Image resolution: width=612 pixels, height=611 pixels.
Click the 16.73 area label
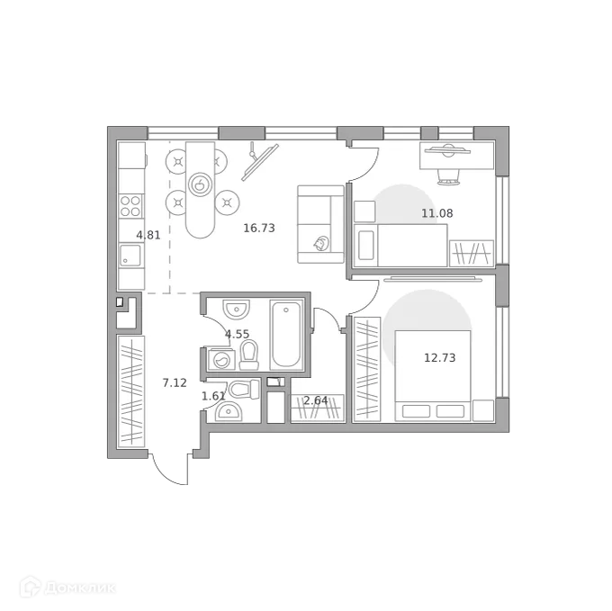(259, 229)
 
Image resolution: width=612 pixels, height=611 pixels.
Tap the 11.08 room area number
(437, 213)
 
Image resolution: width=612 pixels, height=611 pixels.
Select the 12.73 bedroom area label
(439, 357)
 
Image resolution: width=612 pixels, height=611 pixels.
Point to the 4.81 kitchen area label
(148, 236)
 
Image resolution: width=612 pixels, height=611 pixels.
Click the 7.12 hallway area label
(175, 382)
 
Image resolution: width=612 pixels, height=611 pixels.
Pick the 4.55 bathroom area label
(237, 334)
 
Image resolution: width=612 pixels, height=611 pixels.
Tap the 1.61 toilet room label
(212, 396)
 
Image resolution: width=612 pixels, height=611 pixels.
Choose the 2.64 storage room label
(314, 400)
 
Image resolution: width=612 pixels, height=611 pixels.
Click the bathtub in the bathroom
(287, 335)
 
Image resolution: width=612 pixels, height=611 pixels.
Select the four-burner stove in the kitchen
(131, 206)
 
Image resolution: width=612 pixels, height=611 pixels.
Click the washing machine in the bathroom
(220, 360)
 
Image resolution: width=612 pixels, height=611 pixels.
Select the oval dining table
(201, 188)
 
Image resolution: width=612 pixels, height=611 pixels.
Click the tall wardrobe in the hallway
(130, 391)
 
